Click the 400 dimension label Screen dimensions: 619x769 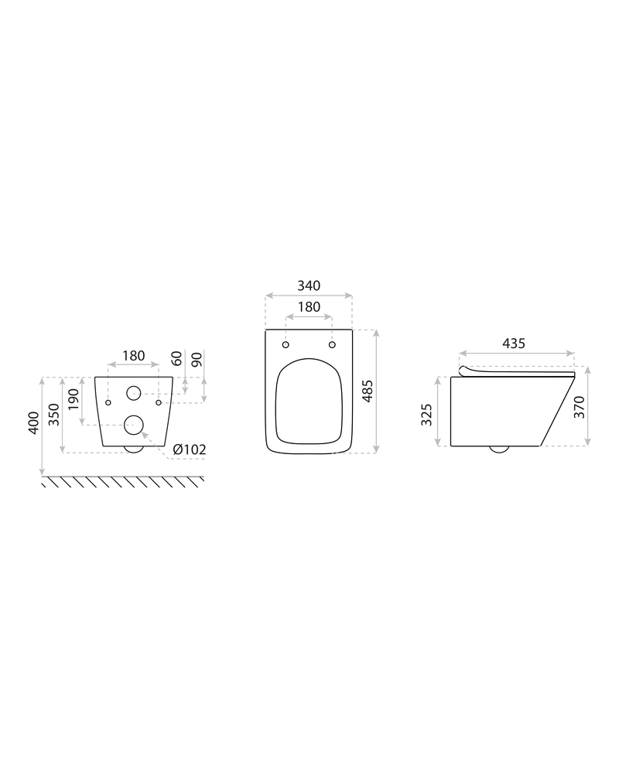pos(33,422)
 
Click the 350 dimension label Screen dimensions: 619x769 pos(54,415)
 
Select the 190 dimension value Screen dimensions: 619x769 pos(73,400)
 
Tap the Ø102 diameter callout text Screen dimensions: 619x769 pos(190,449)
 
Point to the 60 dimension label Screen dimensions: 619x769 pos(176,358)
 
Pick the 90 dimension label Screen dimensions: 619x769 pos(197,360)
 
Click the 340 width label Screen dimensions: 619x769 pos(309,285)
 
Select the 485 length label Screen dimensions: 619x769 pos(368,391)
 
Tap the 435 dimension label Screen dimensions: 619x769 pos(514,343)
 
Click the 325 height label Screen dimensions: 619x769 pos(427,415)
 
